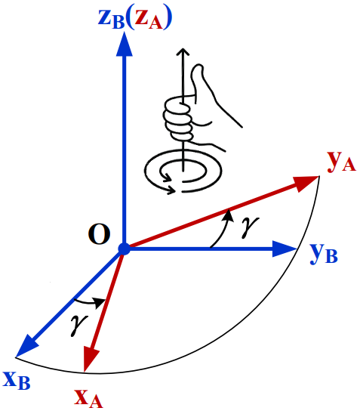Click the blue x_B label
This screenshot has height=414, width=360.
[17, 379]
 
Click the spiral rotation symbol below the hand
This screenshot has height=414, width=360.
[180, 173]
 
